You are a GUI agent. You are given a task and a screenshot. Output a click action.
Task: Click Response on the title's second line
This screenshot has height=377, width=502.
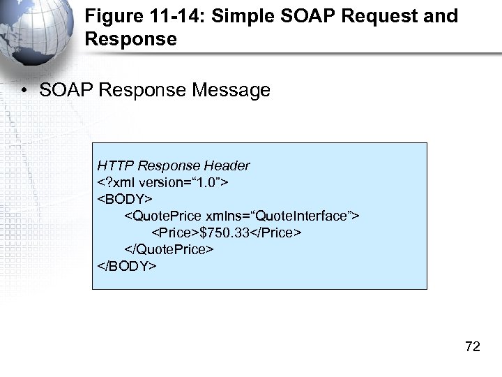coord(130,38)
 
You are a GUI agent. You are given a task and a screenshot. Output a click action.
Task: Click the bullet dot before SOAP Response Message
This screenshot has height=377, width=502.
coord(25,91)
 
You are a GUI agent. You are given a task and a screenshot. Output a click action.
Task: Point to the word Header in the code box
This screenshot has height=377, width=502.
coord(227,165)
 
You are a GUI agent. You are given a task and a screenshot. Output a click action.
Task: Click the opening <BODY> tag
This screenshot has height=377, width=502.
coord(125,199)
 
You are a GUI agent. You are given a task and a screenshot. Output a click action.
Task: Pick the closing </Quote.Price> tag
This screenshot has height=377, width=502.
coord(169,249)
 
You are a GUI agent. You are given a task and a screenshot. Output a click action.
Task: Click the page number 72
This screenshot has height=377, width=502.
coord(472,347)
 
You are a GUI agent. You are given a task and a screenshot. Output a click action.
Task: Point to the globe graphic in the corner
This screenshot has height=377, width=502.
coord(31,35)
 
